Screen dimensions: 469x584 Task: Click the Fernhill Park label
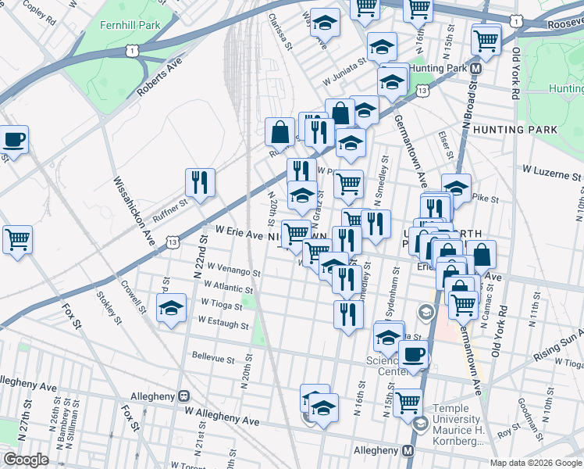point(130,25)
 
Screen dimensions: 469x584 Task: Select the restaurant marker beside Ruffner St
point(201,183)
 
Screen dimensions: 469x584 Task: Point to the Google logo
point(26,460)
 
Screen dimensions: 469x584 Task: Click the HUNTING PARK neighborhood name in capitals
point(515,129)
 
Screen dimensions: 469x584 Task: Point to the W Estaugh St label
point(223,320)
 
